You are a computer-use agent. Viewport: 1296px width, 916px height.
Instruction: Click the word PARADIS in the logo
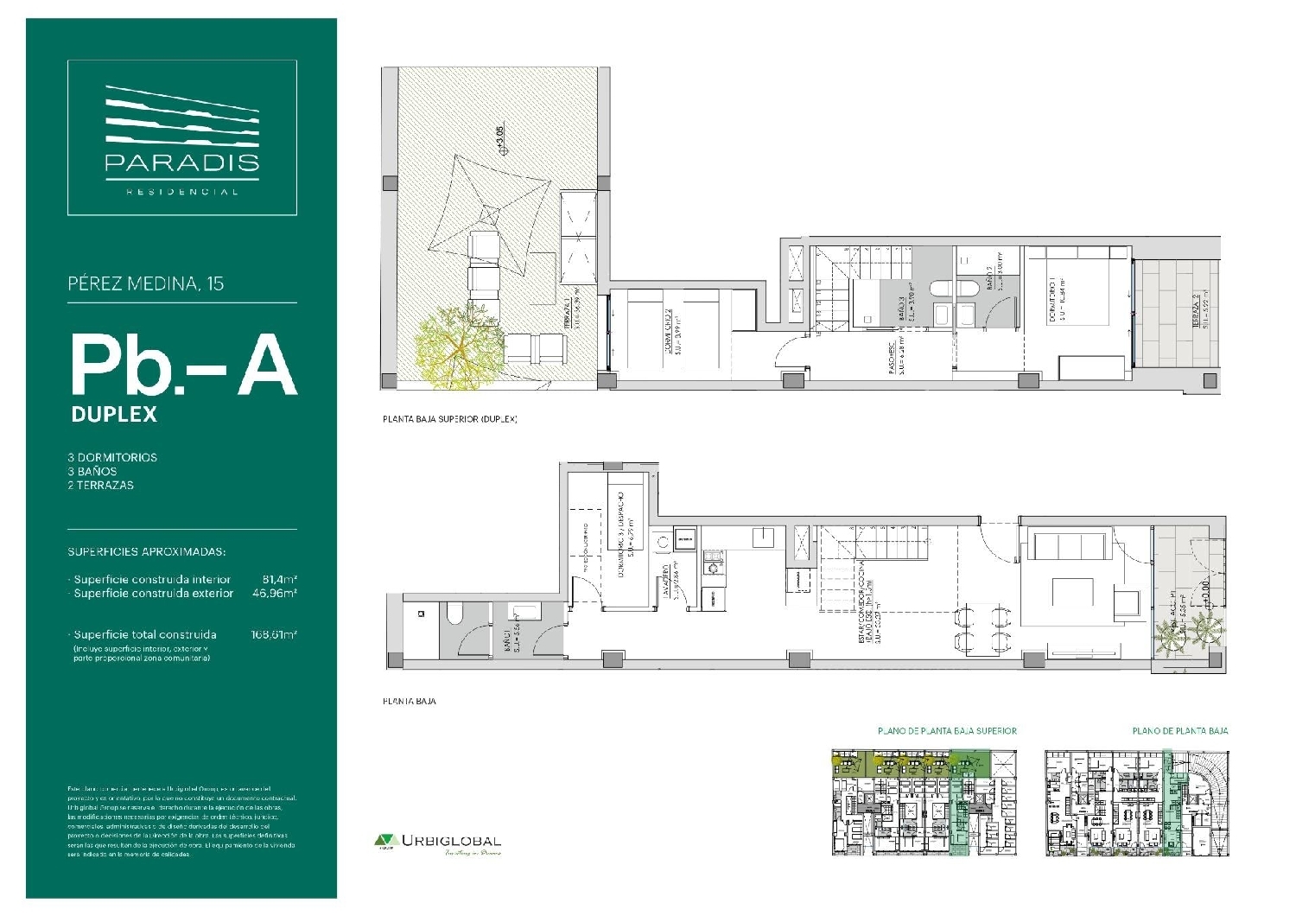181,162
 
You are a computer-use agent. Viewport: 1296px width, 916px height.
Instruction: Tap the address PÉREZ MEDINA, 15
145,283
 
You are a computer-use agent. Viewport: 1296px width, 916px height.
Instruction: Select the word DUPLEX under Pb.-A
114,414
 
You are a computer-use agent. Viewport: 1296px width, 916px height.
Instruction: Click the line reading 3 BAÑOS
92,471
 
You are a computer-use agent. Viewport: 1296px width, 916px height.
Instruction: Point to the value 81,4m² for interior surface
279,579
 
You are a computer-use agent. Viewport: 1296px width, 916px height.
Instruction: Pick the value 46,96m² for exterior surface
275,594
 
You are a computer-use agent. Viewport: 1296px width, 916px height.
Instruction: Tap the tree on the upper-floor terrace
450,346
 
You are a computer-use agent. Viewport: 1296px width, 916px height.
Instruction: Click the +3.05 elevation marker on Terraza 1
499,140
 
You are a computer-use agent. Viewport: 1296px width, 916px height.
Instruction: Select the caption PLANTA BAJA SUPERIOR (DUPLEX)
449,419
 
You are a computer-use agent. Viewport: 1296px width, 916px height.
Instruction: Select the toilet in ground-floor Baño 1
455,614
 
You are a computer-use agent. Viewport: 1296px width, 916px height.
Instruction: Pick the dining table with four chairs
981,628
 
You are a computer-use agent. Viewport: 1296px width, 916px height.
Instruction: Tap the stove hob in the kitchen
713,567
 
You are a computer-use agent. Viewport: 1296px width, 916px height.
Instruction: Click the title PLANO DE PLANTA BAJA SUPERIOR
947,731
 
